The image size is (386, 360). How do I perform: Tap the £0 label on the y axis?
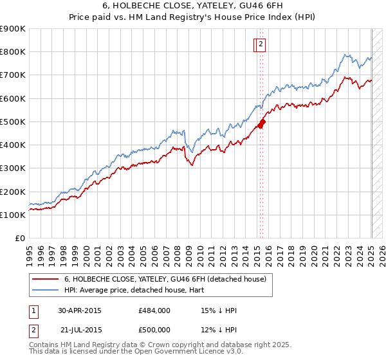pyautogui.click(x=20, y=239)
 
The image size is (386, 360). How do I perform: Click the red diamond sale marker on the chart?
pyautogui.click(x=262, y=123)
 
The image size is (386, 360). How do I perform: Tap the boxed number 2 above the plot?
pyautogui.click(x=262, y=44)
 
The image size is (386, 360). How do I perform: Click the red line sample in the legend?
pyautogui.click(x=45, y=279)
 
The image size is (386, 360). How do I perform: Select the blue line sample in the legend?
pyautogui.click(x=45, y=290)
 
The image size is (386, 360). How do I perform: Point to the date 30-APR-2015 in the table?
pyautogui.click(x=80, y=310)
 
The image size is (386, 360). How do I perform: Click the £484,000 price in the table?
pyautogui.click(x=154, y=310)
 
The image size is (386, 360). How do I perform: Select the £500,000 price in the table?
pyautogui.click(x=154, y=330)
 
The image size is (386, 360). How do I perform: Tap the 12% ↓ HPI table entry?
pyautogui.click(x=219, y=330)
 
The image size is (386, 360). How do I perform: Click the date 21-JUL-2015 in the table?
pyautogui.click(x=81, y=330)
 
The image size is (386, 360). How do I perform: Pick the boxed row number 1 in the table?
pyautogui.click(x=33, y=310)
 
